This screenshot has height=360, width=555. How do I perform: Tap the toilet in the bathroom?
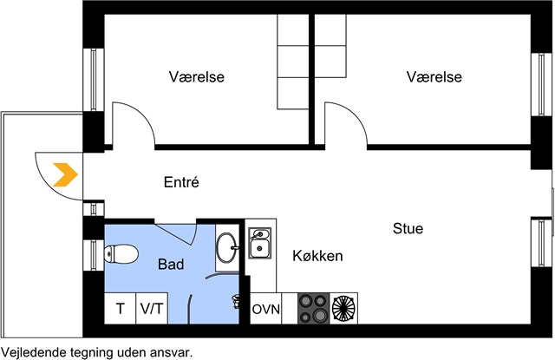[x=121, y=254]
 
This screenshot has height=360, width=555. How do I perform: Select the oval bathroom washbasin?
[x=227, y=248]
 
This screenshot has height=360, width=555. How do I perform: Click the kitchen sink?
[x=260, y=243]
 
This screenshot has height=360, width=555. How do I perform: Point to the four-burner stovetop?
[x=314, y=308]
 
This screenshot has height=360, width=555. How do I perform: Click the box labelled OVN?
[x=266, y=308]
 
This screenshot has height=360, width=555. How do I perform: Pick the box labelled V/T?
[x=152, y=308]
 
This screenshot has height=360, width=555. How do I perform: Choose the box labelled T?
[x=120, y=308]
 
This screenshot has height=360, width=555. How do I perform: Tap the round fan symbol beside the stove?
[x=343, y=308]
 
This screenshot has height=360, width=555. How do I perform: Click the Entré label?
[x=181, y=182]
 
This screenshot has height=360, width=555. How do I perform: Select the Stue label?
[x=408, y=228]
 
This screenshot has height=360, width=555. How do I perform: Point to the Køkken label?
[x=318, y=256]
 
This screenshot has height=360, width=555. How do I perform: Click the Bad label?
[x=171, y=264]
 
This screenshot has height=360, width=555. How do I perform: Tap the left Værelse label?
[x=197, y=77]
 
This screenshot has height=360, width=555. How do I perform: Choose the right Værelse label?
[x=434, y=77]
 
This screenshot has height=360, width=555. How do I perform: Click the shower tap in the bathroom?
[x=235, y=301]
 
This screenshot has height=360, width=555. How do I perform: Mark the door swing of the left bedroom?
[x=141, y=114]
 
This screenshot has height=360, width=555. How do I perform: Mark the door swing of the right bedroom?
[x=354, y=114]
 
